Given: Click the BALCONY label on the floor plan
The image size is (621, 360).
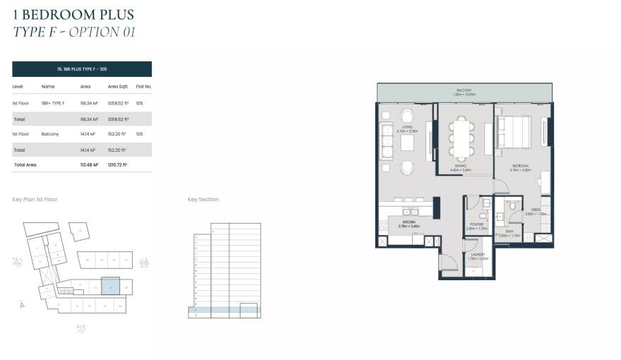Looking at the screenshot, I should (x=463, y=90).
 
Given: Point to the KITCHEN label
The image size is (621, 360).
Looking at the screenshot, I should (x=406, y=224).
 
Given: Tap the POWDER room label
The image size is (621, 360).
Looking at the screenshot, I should (x=476, y=225).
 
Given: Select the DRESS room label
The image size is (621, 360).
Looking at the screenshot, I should (x=536, y=210).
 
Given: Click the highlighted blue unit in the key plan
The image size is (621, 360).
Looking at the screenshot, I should (x=111, y=286).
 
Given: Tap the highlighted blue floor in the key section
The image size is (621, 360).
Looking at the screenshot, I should (x=224, y=309).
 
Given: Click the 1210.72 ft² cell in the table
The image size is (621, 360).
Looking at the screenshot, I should (x=117, y=164).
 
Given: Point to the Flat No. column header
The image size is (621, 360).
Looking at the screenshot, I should (x=144, y=86).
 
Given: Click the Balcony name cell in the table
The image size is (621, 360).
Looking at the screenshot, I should (x=49, y=133).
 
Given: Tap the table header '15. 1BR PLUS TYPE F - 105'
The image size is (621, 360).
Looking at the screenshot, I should (x=82, y=69).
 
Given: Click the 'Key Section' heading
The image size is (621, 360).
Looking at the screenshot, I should (x=203, y=200).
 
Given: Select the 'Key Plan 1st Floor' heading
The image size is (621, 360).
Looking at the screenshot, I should (x=35, y=200).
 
